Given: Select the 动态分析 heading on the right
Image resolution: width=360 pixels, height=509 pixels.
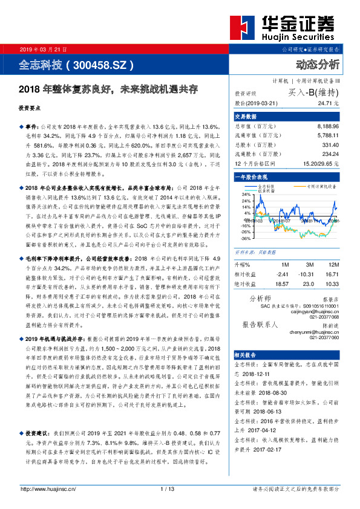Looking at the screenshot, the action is pyautogui.click(x=318, y=64).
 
